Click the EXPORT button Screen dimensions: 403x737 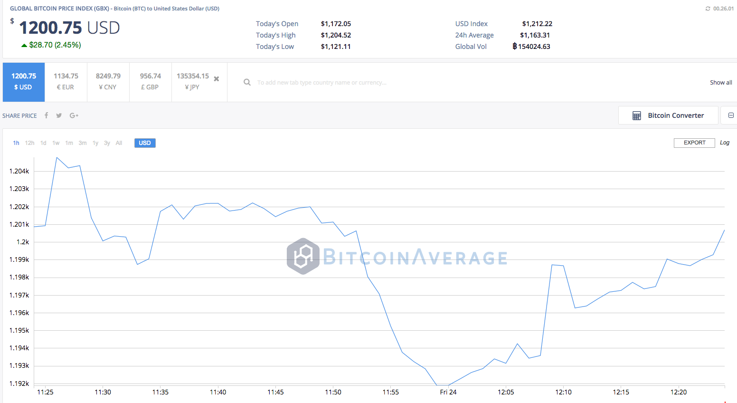(x=694, y=143)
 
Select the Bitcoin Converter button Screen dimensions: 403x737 (x=668, y=115)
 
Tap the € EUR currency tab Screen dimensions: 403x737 (x=66, y=82)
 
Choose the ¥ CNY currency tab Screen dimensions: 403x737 (x=108, y=82)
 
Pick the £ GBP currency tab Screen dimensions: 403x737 (x=150, y=82)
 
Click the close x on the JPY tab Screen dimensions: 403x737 (x=217, y=79)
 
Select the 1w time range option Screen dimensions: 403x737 (x=56, y=143)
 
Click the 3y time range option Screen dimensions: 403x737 (x=107, y=143)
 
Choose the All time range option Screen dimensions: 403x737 (x=119, y=143)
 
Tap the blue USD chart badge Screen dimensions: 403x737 (x=145, y=143)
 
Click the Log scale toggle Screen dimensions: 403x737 (x=724, y=143)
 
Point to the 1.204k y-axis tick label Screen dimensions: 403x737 (x=19, y=171)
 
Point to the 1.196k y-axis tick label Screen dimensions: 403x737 (x=19, y=313)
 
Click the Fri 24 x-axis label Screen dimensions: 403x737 (x=448, y=392)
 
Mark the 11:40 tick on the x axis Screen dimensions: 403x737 (x=218, y=392)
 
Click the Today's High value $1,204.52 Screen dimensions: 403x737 (x=336, y=35)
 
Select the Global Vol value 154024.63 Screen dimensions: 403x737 (x=534, y=47)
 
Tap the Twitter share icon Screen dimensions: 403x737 (x=59, y=115)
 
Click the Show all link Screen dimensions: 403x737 (x=721, y=83)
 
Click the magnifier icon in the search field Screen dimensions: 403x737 (x=247, y=82)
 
